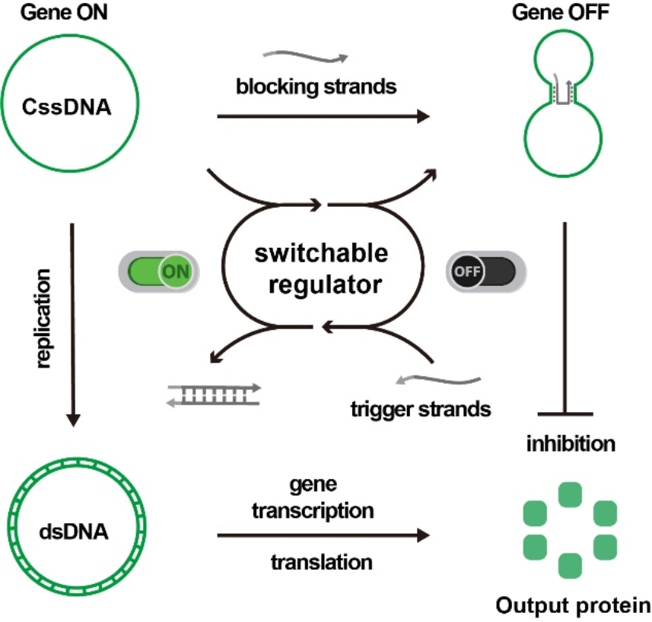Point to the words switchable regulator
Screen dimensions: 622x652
coord(322,270)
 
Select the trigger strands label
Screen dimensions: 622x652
coord(421,410)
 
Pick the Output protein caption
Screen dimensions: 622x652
coord(572,606)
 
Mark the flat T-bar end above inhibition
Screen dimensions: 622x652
coord(565,414)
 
